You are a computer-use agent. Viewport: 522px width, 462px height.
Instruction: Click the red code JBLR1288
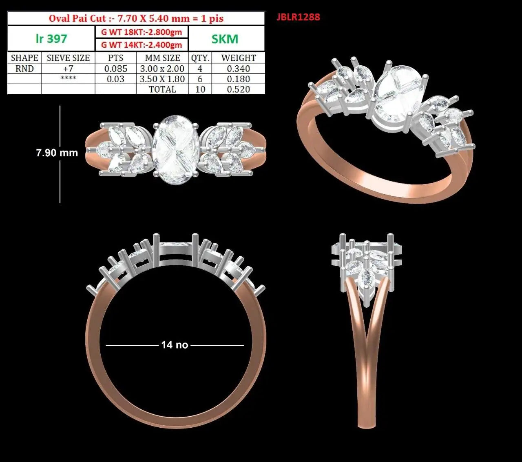coord(298,17)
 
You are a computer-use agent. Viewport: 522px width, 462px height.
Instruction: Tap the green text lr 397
coord(51,39)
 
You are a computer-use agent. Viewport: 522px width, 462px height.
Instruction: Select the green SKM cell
coord(225,39)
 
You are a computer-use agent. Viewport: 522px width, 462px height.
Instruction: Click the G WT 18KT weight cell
coord(142,32)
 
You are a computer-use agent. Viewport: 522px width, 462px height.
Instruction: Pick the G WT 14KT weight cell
coord(142,45)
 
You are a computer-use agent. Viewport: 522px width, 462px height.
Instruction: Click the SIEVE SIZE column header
coord(68,58)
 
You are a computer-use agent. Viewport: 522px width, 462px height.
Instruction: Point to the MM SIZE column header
coord(162,58)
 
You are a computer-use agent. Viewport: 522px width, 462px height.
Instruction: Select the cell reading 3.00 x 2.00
coord(162,69)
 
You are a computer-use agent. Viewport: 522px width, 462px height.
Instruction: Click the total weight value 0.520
coord(238,89)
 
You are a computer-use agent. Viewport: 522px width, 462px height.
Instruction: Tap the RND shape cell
coord(24,69)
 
